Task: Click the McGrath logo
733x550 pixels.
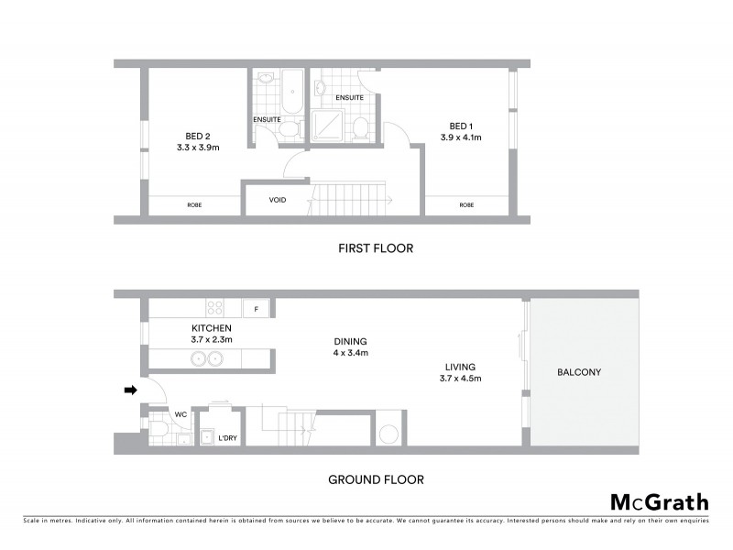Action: tap(660, 501)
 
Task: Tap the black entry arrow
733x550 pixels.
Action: tap(130, 390)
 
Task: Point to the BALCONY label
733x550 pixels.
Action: tap(585, 372)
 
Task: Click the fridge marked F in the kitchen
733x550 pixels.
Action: tap(257, 308)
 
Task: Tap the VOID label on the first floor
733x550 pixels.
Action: tap(276, 201)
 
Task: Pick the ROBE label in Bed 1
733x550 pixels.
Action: tap(466, 204)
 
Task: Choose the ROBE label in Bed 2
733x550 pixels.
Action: tap(194, 204)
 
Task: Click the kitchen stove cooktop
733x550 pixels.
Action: tap(217, 308)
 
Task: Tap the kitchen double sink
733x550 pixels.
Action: tap(209, 358)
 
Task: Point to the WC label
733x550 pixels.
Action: tap(181, 414)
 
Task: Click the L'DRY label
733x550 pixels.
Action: tap(227, 438)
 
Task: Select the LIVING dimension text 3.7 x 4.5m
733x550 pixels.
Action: tap(460, 378)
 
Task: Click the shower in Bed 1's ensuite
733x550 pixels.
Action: tap(327, 126)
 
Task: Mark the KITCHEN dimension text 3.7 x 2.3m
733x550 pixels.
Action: tap(212, 339)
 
